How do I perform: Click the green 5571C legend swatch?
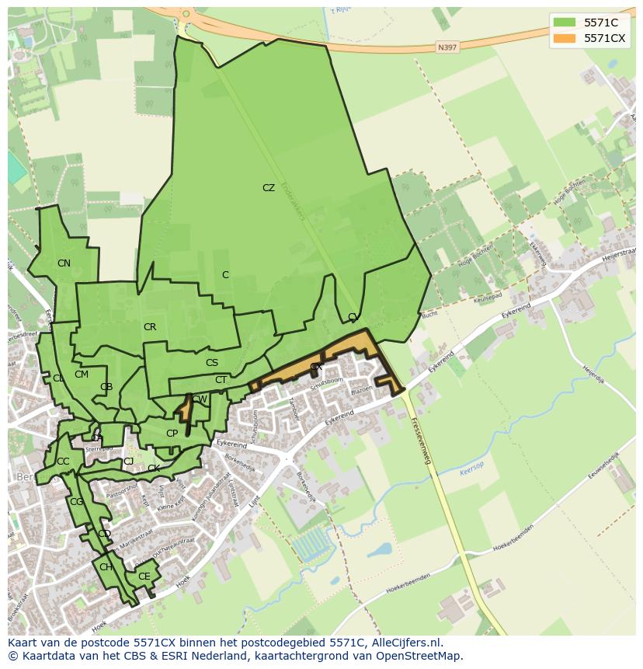565,23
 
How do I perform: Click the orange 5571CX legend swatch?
565,38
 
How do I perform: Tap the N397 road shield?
447,47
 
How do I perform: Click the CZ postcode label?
269,188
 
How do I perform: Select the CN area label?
64,263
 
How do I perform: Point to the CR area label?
150,327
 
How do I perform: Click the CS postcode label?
212,363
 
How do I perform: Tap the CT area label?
221,380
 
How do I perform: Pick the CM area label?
82,375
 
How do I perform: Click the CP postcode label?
172,434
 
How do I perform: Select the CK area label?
154,469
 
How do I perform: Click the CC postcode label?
63,462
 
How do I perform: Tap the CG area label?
76,502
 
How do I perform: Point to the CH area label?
106,567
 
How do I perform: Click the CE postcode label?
144,577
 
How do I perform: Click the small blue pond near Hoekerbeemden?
380,549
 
